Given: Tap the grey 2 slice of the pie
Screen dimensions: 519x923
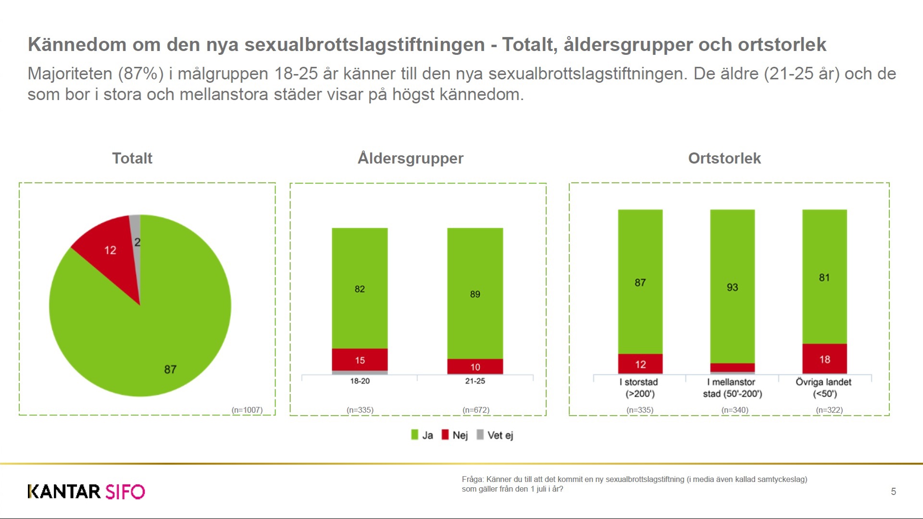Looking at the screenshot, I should coord(136,235).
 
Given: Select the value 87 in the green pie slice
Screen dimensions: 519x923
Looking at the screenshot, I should coord(170,370).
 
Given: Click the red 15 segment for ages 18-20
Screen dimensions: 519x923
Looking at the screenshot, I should coord(360,360).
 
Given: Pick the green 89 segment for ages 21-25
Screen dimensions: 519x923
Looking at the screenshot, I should coord(475,294).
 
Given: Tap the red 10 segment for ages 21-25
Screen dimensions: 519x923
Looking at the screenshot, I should coord(475,367).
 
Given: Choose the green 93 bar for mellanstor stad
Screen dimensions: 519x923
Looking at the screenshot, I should coord(732,287).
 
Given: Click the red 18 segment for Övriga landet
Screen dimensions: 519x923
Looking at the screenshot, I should coord(824,359).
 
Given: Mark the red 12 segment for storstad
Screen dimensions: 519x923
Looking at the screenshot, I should coord(640,364).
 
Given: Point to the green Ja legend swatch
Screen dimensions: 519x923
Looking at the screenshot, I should coord(415,435).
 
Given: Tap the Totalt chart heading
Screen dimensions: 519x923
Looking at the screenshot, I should coord(132,158).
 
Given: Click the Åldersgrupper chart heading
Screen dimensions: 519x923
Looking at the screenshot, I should coord(411,158).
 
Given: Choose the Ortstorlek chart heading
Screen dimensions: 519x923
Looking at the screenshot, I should coord(724,158).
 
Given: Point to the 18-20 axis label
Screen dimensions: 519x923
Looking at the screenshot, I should coord(360,381).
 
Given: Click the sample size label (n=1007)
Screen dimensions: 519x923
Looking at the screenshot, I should coord(247,410).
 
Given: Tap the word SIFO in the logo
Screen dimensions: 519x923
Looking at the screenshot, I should coord(125,492).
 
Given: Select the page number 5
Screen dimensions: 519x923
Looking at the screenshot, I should coord(893,492).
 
